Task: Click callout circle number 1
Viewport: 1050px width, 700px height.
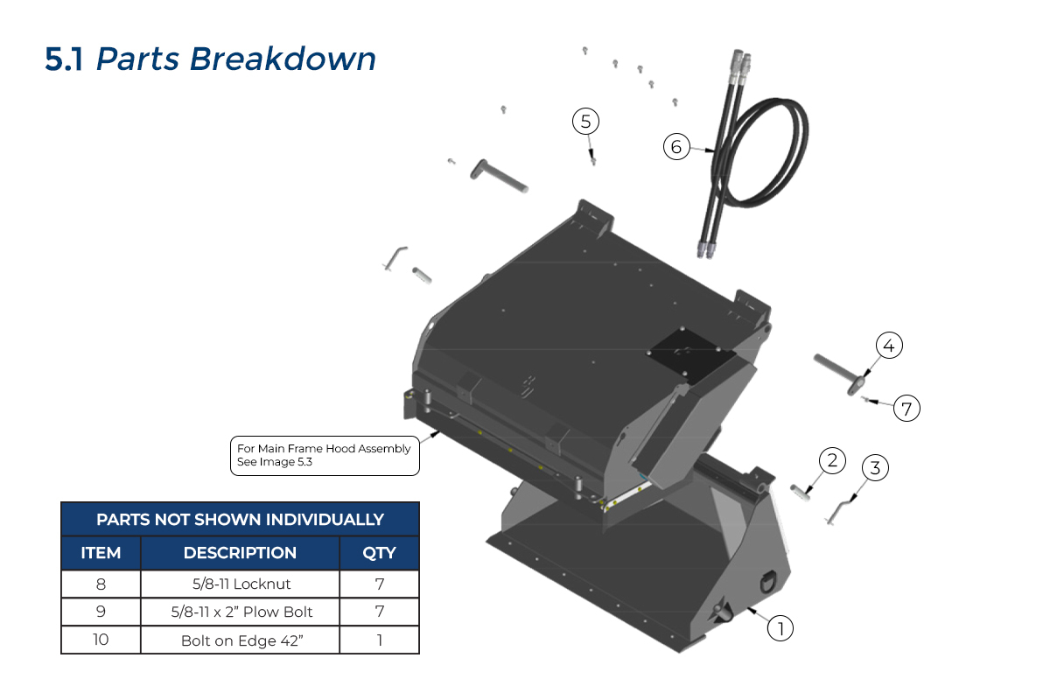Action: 780,627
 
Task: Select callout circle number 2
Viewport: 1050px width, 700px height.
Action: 832,460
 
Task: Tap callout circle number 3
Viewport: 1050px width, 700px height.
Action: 875,468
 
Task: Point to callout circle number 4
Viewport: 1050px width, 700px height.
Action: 888,346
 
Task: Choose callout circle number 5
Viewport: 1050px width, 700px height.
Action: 586,121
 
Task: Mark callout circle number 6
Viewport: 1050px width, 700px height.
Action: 676,147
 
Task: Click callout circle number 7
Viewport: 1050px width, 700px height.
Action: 907,408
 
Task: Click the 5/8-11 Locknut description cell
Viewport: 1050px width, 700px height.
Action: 240,584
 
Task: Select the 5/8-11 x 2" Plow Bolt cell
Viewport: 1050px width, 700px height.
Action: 240,612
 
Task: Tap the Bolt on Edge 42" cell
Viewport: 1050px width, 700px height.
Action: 240,640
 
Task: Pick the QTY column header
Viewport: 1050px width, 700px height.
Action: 379,553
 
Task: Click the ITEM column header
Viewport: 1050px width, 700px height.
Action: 101,553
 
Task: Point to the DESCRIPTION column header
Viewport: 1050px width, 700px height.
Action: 240,553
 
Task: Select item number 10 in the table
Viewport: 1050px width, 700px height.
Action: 101,640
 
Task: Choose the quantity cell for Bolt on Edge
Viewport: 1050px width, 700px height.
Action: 379,640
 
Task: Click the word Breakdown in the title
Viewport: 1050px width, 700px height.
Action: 283,59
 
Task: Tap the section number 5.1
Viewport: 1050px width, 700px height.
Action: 64,59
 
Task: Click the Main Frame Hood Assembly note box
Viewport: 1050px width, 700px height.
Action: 324,455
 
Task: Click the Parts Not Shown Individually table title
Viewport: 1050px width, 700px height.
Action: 240,519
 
